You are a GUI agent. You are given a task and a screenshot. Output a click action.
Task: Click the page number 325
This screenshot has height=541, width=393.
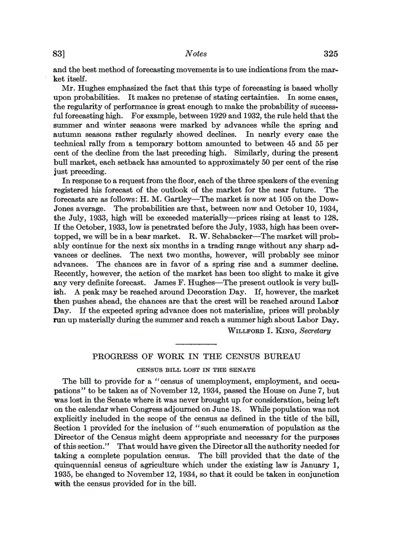point(330,53)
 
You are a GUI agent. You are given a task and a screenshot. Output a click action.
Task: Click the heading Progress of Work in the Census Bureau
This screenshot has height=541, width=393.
point(196,357)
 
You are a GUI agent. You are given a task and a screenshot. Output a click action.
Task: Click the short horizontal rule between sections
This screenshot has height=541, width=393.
point(196,343)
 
